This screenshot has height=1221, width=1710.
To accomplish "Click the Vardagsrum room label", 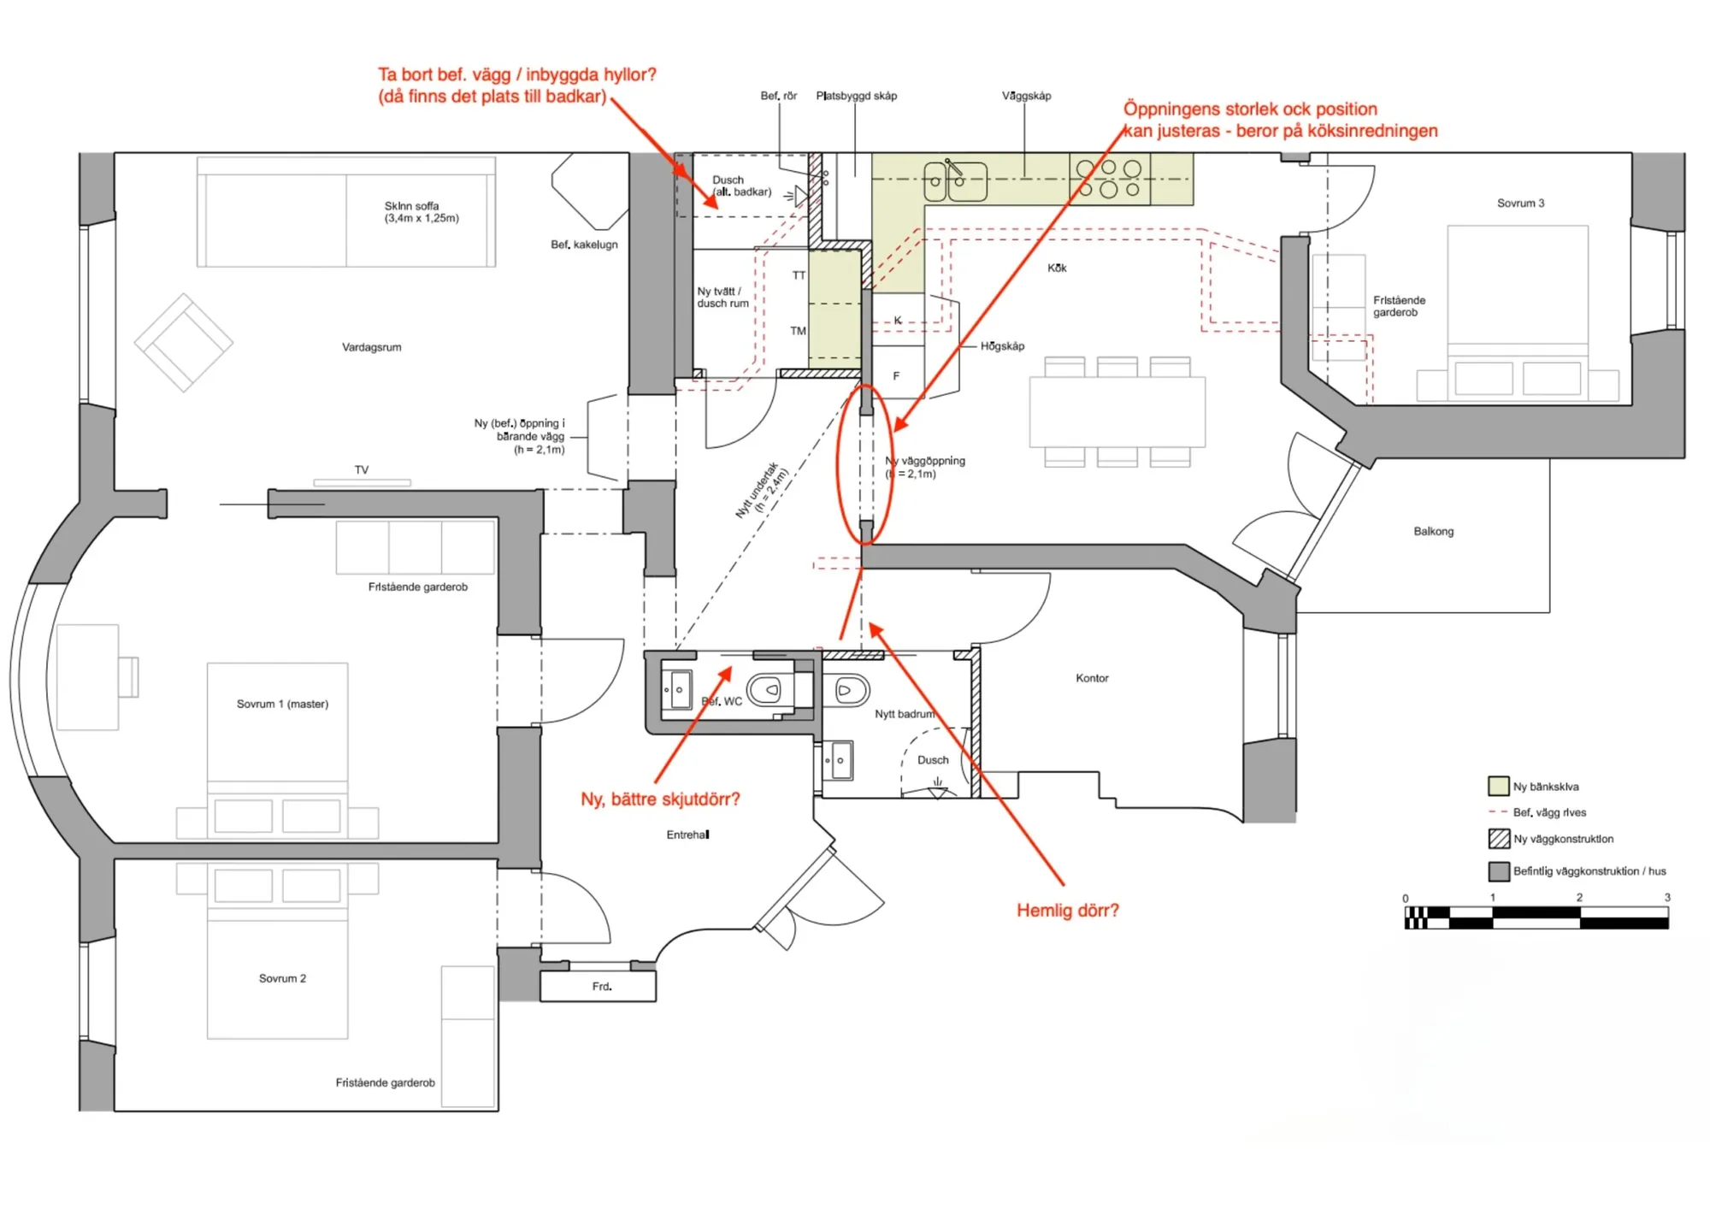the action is pyautogui.click(x=371, y=347).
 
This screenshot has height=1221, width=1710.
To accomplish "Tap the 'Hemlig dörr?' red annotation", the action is pyautogui.click(x=1067, y=911).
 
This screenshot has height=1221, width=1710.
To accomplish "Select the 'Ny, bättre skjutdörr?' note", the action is pyautogui.click(x=660, y=799).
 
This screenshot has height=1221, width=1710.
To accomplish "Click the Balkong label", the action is pyautogui.click(x=1433, y=531).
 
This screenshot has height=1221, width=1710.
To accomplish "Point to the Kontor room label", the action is pyautogui.click(x=1092, y=678).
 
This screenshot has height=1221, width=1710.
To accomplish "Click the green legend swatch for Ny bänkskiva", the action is pyautogui.click(x=1498, y=786).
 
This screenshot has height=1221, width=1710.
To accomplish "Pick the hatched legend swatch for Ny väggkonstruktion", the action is pyautogui.click(x=1498, y=839).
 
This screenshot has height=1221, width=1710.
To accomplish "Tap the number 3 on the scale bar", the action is pyautogui.click(x=1666, y=897).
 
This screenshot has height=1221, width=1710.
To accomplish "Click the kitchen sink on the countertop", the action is pyautogui.click(x=956, y=180).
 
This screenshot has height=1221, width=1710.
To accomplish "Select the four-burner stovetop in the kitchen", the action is pyautogui.click(x=1109, y=179).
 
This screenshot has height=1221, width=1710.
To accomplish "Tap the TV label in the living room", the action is pyautogui.click(x=362, y=470).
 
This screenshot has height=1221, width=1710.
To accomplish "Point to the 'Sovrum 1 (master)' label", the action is pyautogui.click(x=282, y=704).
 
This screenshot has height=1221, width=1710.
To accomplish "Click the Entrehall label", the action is pyautogui.click(x=687, y=835).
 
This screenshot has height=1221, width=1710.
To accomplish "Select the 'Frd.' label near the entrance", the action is pyautogui.click(x=602, y=987).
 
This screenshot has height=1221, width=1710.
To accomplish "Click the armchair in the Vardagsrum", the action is pyautogui.click(x=184, y=343).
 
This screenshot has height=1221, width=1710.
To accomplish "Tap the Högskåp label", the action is pyautogui.click(x=1002, y=346).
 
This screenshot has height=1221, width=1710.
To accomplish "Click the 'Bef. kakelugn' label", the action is pyautogui.click(x=584, y=245).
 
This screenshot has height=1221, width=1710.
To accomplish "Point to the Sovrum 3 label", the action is pyautogui.click(x=1520, y=203).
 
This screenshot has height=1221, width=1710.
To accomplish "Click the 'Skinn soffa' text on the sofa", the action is pyautogui.click(x=411, y=206).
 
